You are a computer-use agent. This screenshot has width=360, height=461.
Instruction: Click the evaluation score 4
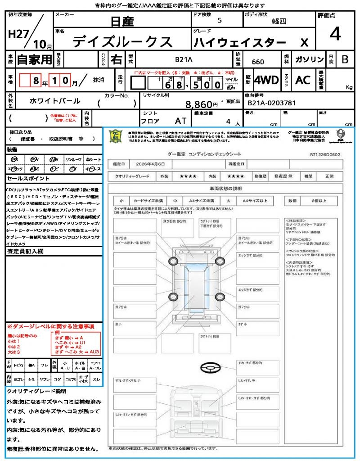tap(335, 34)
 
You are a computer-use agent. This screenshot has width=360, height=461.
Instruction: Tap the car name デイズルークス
tap(122, 41)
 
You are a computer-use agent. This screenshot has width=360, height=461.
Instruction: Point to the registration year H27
tap(18, 35)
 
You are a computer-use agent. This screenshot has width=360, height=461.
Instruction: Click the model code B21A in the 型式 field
tap(184, 59)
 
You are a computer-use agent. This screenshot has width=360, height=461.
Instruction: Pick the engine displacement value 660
tap(258, 62)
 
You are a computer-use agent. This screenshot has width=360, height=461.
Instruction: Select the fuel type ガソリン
tap(309, 59)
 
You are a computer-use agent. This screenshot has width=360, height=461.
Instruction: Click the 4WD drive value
tap(266, 80)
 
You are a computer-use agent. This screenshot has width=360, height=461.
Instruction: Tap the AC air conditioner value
tap(303, 80)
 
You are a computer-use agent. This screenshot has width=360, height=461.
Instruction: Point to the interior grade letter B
tap(345, 59)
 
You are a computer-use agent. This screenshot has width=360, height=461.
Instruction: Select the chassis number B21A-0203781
tap(271, 103)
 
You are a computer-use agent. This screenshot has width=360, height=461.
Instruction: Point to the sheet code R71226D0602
tap(324, 154)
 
